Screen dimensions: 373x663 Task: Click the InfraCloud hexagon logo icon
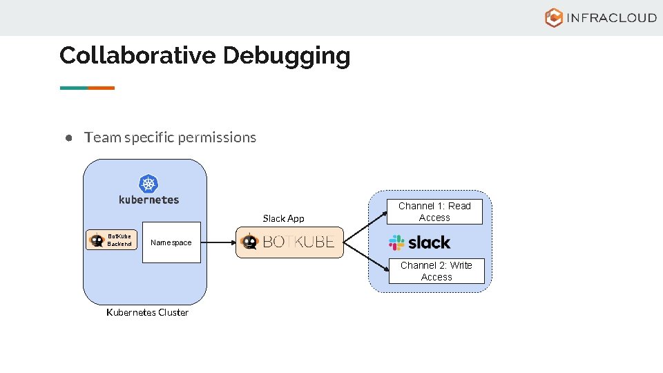click(x=554, y=18)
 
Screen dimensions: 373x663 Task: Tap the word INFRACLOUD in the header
click(x=611, y=18)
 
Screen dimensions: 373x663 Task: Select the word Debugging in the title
click(x=287, y=55)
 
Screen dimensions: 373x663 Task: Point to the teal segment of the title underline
click(x=73, y=88)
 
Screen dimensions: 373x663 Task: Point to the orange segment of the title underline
click(x=101, y=88)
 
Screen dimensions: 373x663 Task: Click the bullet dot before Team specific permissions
click(x=69, y=137)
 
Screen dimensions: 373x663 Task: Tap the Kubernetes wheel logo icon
click(x=148, y=184)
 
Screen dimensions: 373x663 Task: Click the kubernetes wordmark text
click(x=148, y=200)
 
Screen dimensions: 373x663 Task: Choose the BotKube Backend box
click(x=113, y=240)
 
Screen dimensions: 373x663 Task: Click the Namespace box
click(x=171, y=242)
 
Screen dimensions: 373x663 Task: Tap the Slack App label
click(x=283, y=218)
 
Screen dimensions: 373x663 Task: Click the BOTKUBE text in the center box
click(x=298, y=242)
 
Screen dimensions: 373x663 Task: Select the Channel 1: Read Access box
click(x=434, y=211)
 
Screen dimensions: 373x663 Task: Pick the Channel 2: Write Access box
click(x=436, y=271)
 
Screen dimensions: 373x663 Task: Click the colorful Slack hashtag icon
click(x=396, y=242)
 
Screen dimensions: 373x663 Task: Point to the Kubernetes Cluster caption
click(x=147, y=312)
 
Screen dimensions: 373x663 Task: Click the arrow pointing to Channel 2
click(x=366, y=256)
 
